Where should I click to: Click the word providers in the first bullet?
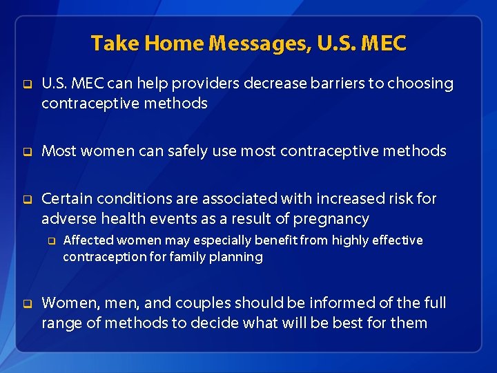coord(206,84)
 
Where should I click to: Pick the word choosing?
coord(421,84)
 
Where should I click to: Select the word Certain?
coord(67,199)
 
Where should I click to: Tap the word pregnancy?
coord(331,219)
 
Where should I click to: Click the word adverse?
coord(68,219)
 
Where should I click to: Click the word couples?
coord(204,303)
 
